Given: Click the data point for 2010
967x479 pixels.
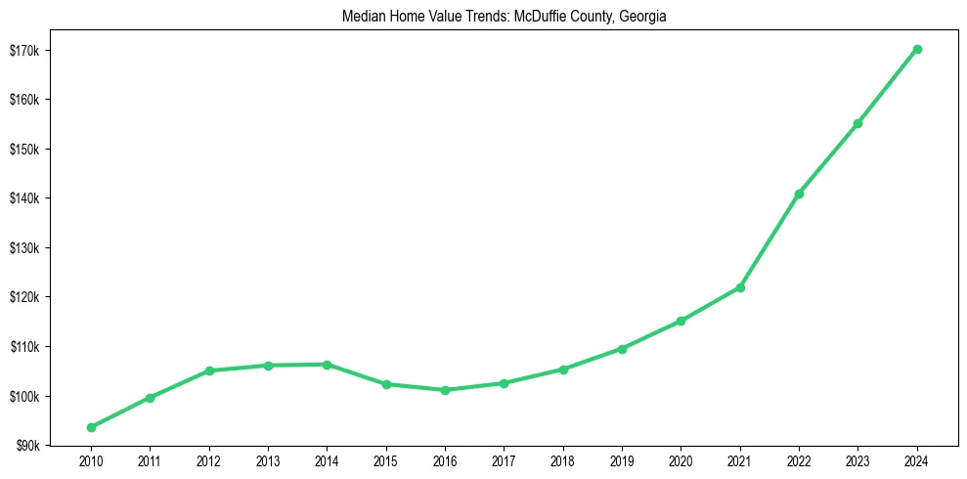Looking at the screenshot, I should tap(91, 427).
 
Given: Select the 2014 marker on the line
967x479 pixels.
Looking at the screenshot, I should tap(327, 365).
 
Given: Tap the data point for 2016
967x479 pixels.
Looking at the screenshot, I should tap(445, 390).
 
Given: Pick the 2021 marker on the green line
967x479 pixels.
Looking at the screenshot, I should tap(740, 287).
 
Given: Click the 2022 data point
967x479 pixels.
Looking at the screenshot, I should tap(799, 194).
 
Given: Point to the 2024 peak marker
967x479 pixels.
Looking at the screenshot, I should tap(917, 49).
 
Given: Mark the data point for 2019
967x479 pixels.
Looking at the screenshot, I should tap(622, 348).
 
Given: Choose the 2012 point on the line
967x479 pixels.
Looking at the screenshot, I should tap(209, 370).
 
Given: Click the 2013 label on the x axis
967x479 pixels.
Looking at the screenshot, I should tap(268, 460).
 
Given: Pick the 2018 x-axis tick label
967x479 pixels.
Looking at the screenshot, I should tap(563, 460).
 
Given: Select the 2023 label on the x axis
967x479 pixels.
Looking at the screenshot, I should tap(857, 460).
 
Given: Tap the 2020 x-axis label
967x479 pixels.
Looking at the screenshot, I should tap(681, 460).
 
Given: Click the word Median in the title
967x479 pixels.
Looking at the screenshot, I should tap(362, 17).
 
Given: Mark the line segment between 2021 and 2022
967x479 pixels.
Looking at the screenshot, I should tap(769, 240).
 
